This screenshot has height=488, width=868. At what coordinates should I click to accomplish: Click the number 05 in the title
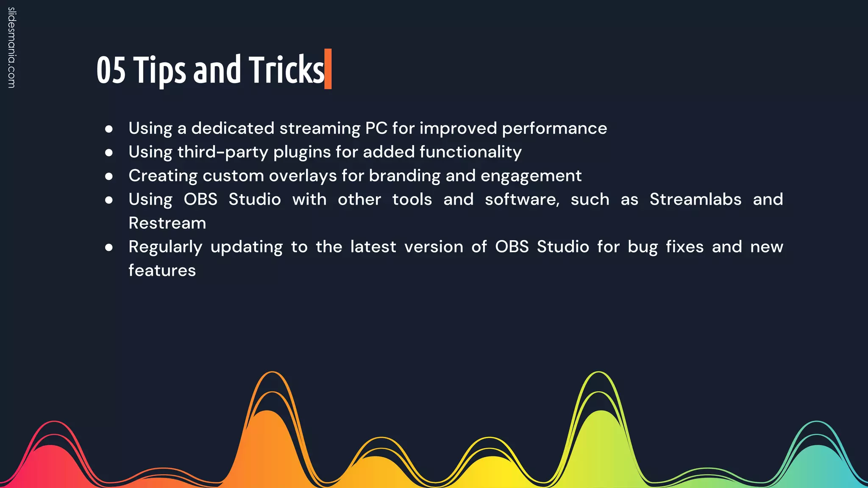point(111,70)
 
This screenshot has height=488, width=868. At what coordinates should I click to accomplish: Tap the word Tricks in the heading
point(287,70)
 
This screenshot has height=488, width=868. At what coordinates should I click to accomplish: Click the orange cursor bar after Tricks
point(328,69)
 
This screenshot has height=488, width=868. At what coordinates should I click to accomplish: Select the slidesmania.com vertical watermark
point(11,48)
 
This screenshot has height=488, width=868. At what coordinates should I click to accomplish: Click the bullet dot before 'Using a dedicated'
point(109,129)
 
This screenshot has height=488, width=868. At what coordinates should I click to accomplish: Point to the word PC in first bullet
point(376,128)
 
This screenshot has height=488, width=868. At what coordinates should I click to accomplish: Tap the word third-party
point(222,152)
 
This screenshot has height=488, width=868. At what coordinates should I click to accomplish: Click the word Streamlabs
point(695,199)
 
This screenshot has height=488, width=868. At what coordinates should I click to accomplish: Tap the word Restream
point(167,223)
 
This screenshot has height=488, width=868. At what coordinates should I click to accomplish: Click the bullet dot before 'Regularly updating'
point(109,247)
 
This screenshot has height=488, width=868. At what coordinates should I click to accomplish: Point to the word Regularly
point(165,247)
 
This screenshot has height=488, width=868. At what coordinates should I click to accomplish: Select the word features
point(162,271)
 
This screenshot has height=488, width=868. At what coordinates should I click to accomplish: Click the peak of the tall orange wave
point(272,373)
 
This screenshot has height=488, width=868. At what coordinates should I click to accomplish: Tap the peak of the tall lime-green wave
point(598,373)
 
